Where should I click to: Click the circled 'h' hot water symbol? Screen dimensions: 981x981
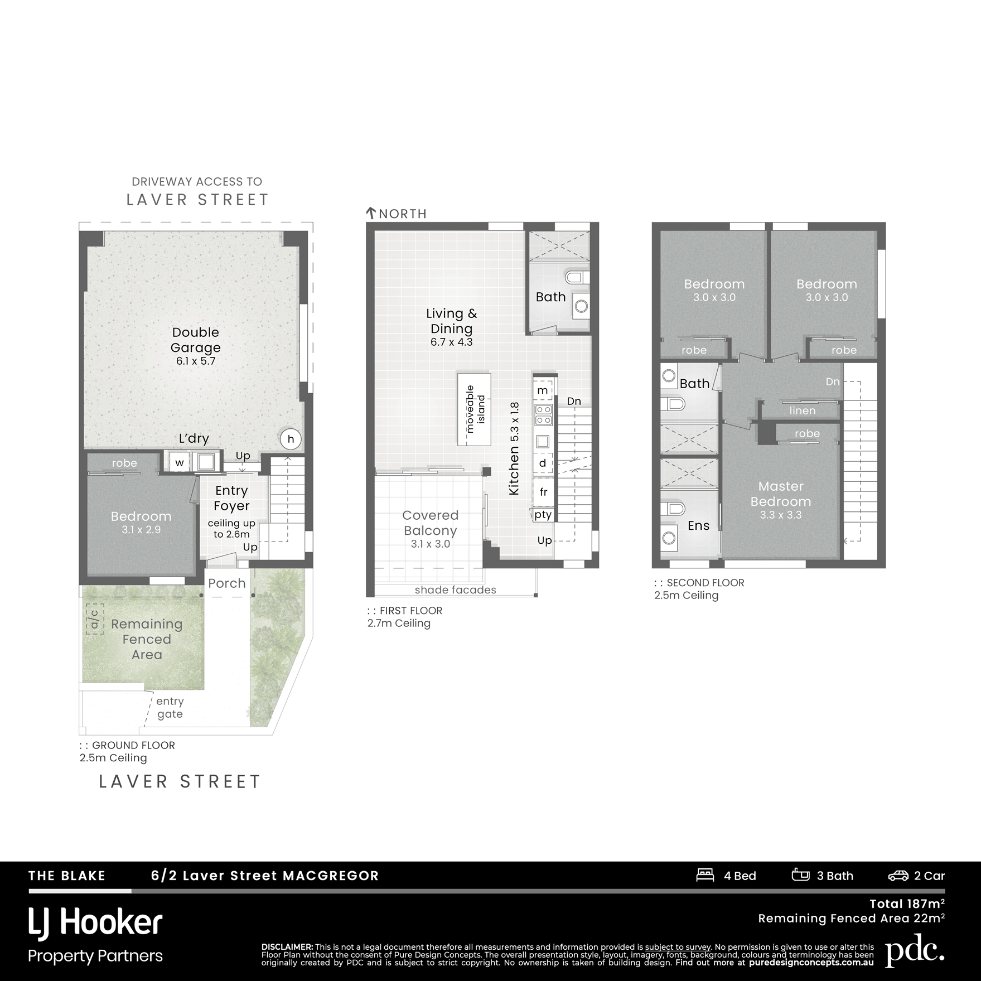pos(291,439)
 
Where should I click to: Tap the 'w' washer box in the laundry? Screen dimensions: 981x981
pos(180,462)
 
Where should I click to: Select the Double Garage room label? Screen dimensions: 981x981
pos(195,340)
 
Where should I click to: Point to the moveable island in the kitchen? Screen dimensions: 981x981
pos(474,409)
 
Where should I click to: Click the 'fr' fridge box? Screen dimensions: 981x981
pos(543,492)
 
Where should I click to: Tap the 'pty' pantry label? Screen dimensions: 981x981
pos(543,515)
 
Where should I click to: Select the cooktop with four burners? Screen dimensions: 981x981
pos(543,414)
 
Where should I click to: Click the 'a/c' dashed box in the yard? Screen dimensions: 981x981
pos(95,619)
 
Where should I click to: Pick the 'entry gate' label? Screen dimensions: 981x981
pos(170,707)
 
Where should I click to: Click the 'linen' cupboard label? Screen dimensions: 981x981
pos(803,410)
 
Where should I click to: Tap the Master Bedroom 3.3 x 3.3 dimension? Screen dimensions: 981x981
pos(781,515)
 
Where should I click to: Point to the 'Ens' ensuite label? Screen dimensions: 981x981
pos(698,525)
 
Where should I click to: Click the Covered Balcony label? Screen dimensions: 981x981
pos(430,523)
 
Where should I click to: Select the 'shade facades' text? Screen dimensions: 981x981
pos(455,589)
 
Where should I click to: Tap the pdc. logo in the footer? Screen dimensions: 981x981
pos(915,952)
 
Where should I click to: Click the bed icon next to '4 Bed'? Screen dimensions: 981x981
pos(705,875)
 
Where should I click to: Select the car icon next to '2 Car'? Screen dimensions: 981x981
pos(898,876)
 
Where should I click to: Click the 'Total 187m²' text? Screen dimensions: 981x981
pos(907,903)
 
